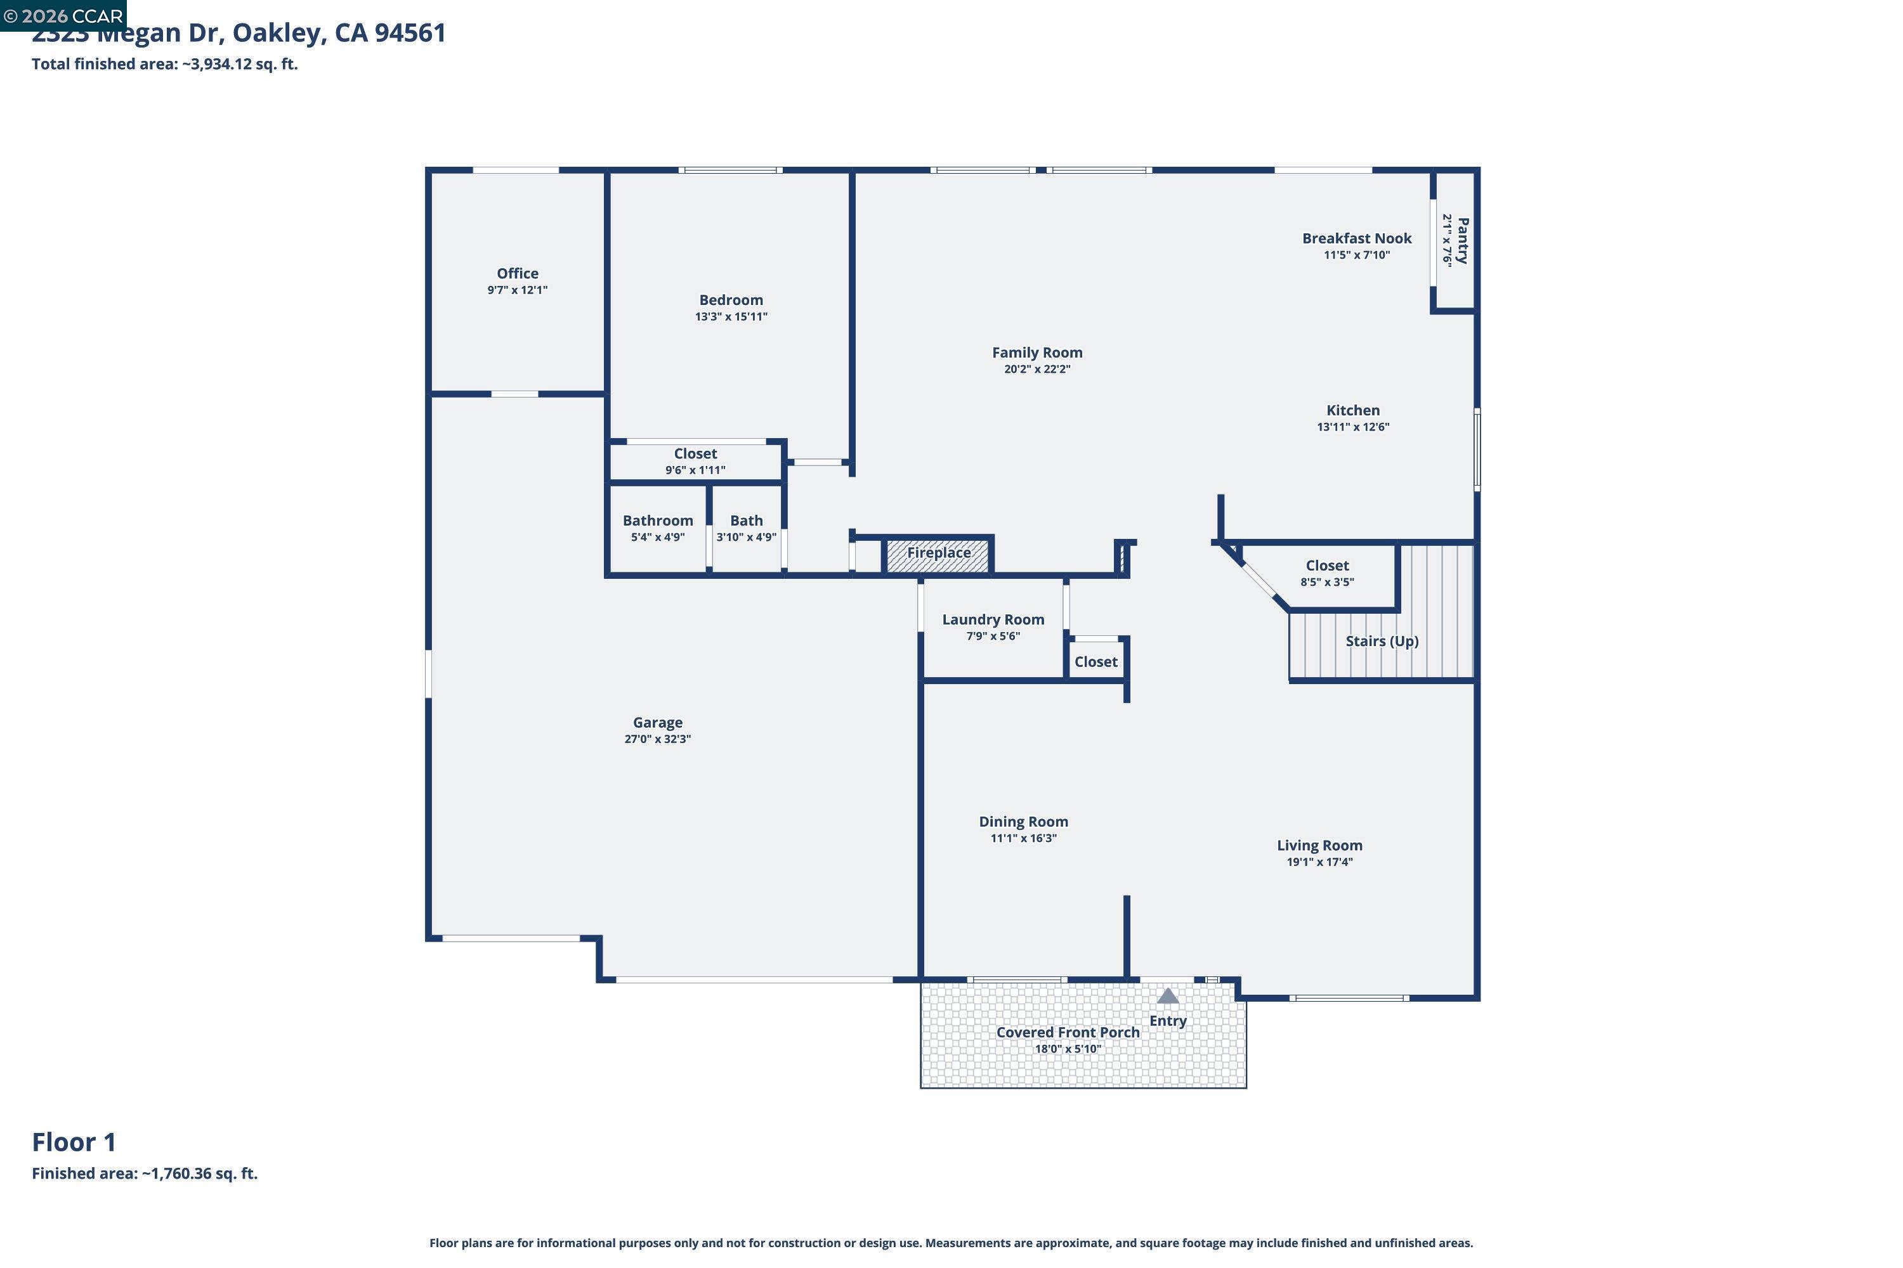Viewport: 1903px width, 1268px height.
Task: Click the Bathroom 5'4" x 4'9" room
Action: coord(658,528)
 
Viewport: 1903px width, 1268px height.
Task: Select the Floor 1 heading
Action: coord(74,1142)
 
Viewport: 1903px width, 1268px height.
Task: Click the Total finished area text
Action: coord(164,64)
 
